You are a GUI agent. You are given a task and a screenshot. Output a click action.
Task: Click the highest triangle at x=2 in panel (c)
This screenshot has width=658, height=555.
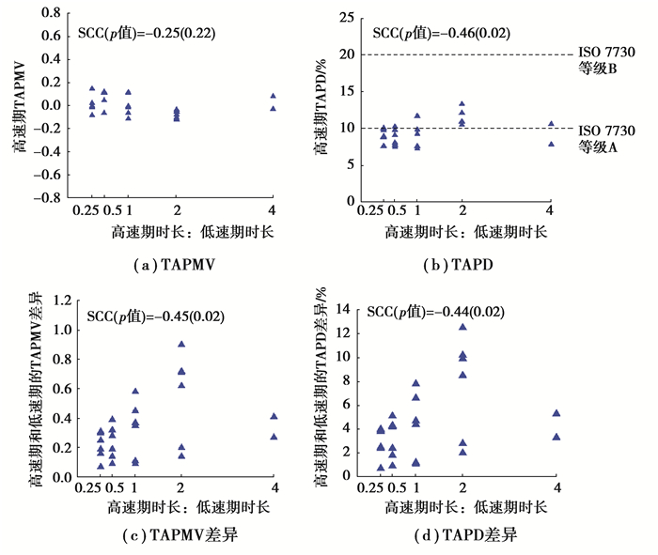(x=180, y=344)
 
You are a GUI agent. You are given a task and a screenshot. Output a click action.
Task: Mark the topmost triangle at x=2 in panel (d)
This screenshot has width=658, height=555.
(x=462, y=327)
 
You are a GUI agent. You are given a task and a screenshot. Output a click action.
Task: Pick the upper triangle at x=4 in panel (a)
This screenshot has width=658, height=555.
(x=273, y=96)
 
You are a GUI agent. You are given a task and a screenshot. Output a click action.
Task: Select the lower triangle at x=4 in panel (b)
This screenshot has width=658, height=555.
(x=552, y=144)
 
